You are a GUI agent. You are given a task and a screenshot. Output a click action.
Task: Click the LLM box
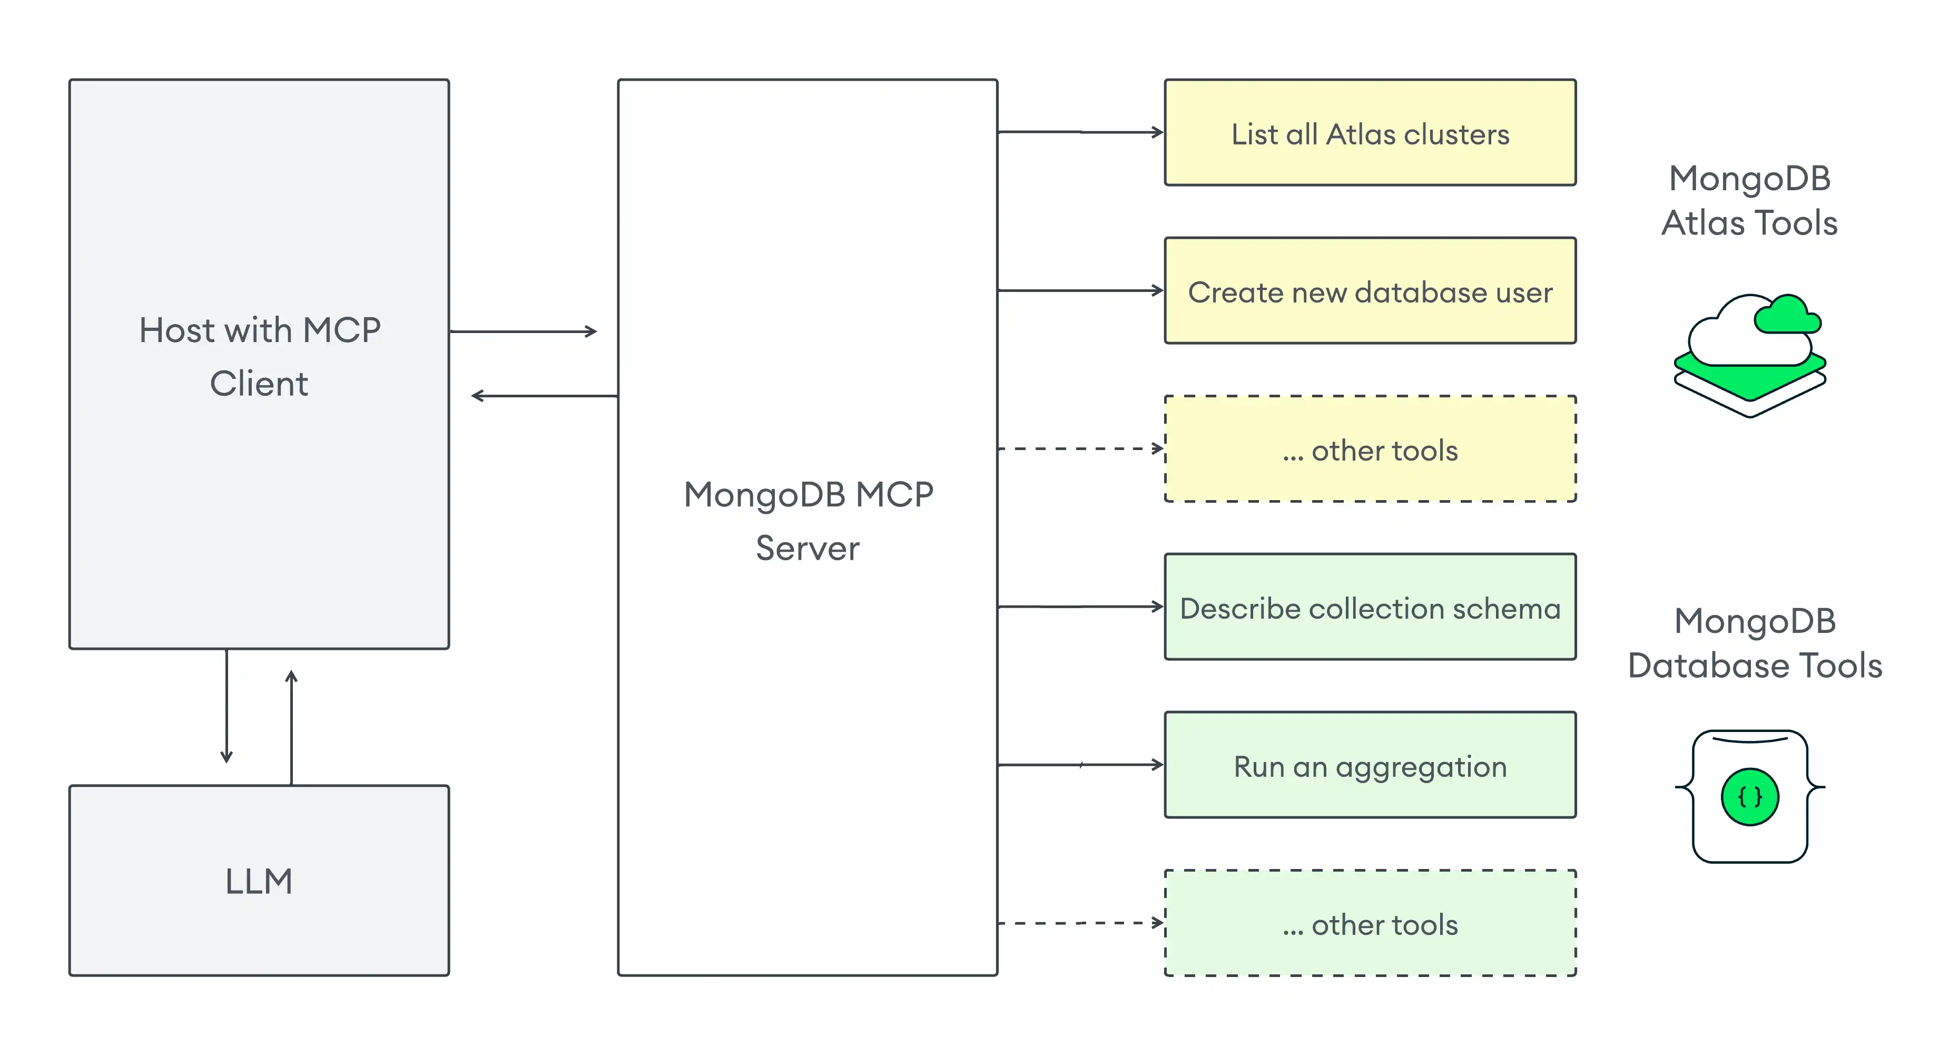[x=259, y=880]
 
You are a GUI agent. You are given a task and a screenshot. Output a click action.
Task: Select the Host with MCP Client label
[x=259, y=356]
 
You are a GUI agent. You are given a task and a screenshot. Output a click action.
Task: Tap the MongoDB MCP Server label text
[x=808, y=521]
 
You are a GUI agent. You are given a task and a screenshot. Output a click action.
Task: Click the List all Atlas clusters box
[x=1370, y=133]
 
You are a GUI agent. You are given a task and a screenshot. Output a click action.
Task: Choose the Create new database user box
[x=1370, y=291]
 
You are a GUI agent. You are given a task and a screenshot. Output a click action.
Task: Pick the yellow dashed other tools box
[x=1370, y=450]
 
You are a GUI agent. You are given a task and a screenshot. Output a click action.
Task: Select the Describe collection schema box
[x=1370, y=608]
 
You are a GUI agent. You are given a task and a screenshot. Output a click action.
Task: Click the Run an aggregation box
[x=1370, y=766]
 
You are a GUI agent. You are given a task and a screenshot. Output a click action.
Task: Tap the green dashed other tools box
[x=1370, y=924]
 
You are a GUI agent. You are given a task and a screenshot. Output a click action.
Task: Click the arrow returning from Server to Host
[x=545, y=396]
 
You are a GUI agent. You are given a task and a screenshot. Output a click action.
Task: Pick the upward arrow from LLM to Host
[x=291, y=726]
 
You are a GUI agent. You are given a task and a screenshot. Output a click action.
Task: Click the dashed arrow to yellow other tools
[x=1080, y=448]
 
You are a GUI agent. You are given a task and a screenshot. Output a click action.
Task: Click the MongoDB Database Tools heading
[x=1754, y=643]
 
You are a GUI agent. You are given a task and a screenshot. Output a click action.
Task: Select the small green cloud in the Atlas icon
[x=1787, y=316]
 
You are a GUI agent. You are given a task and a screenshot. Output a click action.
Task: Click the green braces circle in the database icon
[x=1749, y=796]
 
